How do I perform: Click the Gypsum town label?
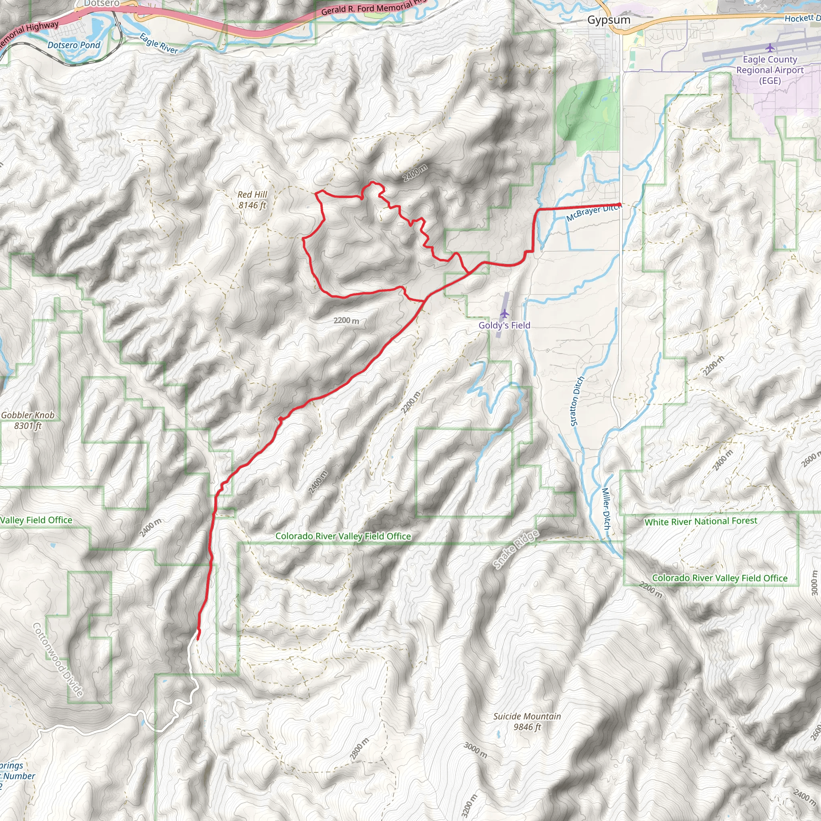609,20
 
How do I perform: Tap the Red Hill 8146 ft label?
252,200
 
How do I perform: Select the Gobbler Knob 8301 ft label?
28,420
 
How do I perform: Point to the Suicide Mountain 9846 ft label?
527,722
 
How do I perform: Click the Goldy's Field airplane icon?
504,314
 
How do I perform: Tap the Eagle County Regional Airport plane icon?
770,47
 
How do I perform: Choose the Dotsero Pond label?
73,45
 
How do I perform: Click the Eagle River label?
159,44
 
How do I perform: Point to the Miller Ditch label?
607,509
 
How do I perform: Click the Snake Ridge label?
516,549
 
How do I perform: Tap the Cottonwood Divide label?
58,659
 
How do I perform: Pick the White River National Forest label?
701,522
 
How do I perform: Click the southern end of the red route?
198,639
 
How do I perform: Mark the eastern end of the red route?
621,205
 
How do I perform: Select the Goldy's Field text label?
504,326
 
